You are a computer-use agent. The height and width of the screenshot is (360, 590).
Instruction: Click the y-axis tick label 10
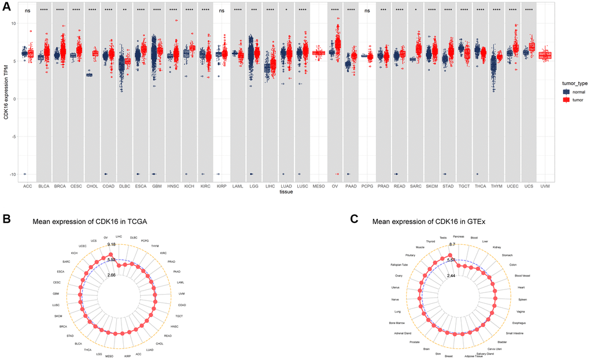(14, 23)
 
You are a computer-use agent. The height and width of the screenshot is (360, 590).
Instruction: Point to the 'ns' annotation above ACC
(27, 10)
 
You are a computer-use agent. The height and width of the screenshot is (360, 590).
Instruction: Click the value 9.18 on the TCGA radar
(112, 245)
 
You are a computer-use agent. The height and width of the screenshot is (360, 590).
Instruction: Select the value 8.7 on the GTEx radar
(452, 245)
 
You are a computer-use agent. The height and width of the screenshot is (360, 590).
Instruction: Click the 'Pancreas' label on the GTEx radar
(458, 236)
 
